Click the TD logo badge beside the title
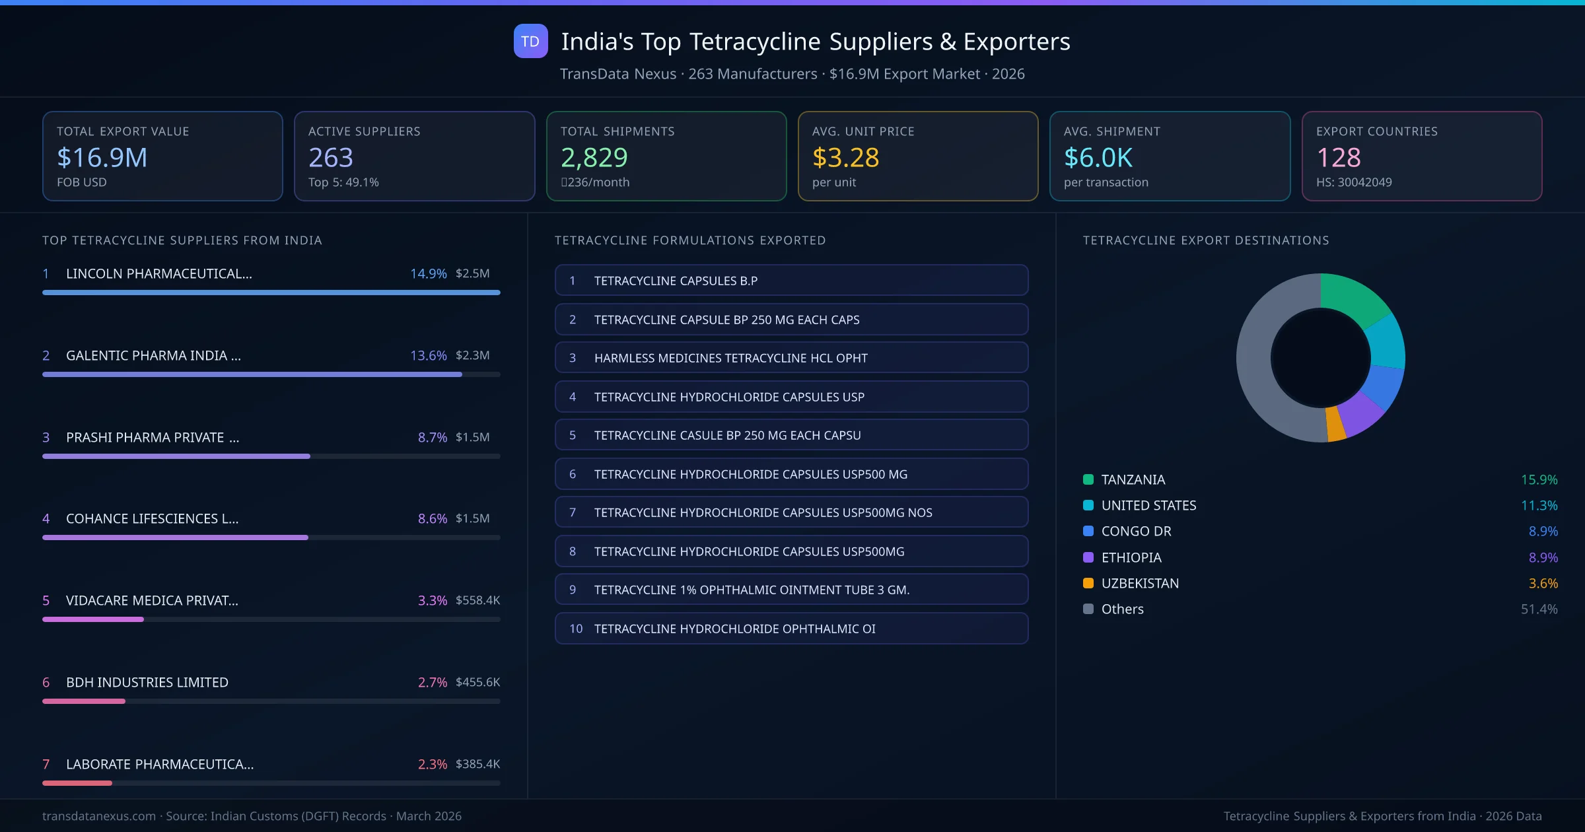tap(530, 41)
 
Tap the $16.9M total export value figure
tap(102, 158)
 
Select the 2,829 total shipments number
tap(594, 158)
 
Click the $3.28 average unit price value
tap(845, 158)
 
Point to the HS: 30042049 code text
tap(1353, 182)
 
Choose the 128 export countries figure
tap(1338, 158)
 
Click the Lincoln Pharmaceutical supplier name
tap(158, 273)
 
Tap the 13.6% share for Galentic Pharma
tap(428, 355)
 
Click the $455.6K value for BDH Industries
tap(477, 682)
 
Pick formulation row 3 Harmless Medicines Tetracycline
tap(791, 358)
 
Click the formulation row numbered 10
tap(791, 629)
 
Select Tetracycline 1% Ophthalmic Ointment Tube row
tap(791, 590)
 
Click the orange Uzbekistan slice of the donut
tap(1335, 424)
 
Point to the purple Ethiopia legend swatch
tap(1088, 557)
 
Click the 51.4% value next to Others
tap(1538, 609)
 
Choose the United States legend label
tap(1148, 505)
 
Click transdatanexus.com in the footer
tap(99, 816)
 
